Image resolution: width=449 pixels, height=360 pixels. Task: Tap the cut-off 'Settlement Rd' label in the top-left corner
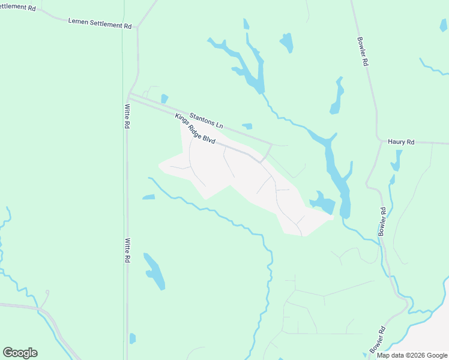pos(17,7)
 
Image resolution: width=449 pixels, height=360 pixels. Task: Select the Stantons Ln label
pos(206,120)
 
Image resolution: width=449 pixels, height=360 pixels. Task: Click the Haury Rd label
pos(401,142)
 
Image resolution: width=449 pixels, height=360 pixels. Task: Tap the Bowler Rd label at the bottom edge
pos(376,340)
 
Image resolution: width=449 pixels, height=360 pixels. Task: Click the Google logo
pos(20,353)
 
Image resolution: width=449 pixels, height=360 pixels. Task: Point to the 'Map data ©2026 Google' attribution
pos(412,355)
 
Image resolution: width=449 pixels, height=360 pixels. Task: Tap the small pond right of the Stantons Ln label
pos(247,126)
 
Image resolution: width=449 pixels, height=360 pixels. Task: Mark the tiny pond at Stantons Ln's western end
pos(164,98)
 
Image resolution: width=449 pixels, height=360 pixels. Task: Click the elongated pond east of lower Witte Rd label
pos(154,271)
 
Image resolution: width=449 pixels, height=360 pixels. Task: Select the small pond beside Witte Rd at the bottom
pos(133,338)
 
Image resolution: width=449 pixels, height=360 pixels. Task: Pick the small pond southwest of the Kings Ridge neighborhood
pos(149,197)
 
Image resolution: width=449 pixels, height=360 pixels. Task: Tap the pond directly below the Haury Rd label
pos(396,160)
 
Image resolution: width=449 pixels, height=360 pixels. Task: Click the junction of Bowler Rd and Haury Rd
pos(379,143)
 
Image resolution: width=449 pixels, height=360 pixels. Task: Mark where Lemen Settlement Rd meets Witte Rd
pos(138,27)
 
